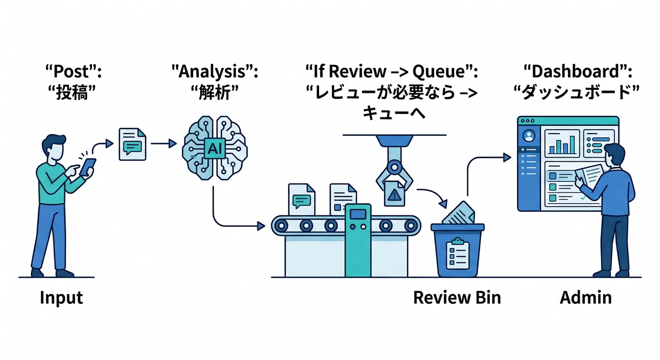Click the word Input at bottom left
point(61,298)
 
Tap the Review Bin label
point(457,297)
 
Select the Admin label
point(585,297)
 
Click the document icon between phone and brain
point(132,144)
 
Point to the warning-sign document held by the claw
point(394,194)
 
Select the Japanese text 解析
point(215,93)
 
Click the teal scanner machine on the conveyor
point(358,239)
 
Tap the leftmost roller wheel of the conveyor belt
point(281,226)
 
